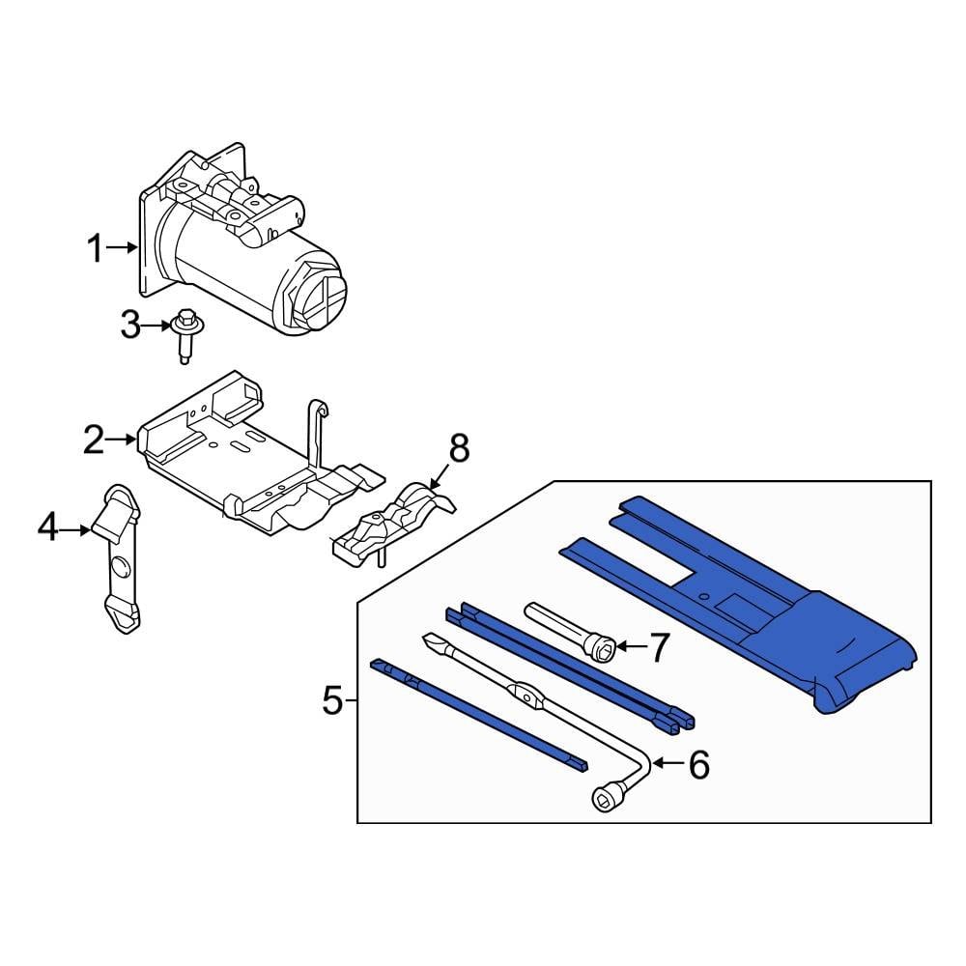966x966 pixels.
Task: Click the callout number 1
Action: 95,249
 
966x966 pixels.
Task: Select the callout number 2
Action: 94,440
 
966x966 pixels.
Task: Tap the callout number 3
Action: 130,325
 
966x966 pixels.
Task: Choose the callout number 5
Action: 332,699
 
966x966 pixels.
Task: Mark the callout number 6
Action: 698,764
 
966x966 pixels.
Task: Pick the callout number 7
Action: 657,648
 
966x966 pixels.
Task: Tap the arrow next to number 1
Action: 125,248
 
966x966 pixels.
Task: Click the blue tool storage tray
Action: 773,618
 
